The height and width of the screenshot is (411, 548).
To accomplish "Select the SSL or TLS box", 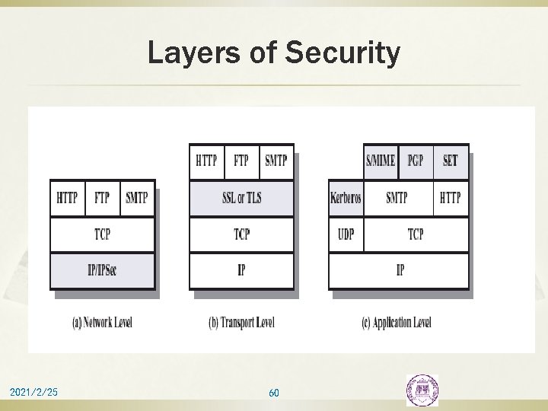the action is [x=241, y=199].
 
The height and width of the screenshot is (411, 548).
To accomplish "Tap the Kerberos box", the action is [x=346, y=199].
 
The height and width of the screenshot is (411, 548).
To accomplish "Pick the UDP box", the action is [x=346, y=234].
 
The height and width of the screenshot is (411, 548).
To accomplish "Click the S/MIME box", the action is [x=381, y=161].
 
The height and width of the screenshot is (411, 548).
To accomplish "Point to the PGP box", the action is [x=416, y=161].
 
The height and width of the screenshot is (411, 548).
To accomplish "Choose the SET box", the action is [x=451, y=161].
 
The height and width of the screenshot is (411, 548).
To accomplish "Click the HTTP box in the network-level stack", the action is [x=67, y=199].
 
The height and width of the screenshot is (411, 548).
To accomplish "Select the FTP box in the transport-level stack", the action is [x=241, y=161].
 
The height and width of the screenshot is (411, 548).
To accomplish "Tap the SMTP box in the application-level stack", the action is [x=397, y=199].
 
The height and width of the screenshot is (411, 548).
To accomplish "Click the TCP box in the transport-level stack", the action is [x=241, y=234].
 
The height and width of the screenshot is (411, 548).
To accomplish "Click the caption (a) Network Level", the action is [x=101, y=323].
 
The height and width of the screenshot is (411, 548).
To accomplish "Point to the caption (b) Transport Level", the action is [x=241, y=323].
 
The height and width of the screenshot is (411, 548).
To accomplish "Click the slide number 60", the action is [x=274, y=393].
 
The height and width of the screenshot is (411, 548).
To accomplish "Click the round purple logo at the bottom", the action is [x=422, y=390].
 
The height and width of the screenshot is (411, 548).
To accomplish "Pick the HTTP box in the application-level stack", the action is [x=451, y=199].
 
